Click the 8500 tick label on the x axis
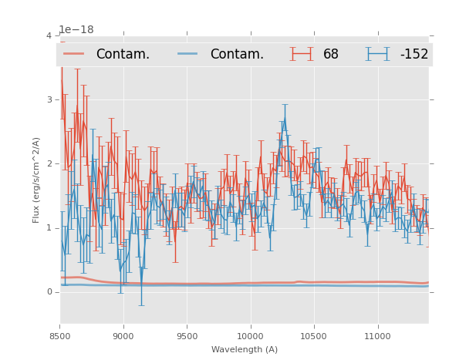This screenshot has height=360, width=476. [x=60, y=336]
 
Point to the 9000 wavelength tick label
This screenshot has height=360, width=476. [x=123, y=336]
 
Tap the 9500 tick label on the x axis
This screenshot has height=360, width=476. [x=187, y=336]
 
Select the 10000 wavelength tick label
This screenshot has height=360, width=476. [x=250, y=336]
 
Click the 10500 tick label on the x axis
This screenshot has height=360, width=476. [x=314, y=336]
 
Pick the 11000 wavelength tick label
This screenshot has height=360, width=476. [x=377, y=336]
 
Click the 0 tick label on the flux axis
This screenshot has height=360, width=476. [x=49, y=292]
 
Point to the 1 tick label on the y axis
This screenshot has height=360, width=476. [x=49, y=228]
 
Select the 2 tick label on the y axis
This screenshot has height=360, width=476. [x=49, y=164]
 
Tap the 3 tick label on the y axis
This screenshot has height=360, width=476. [x=49, y=100]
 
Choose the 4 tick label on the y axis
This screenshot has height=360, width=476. [x=49, y=36]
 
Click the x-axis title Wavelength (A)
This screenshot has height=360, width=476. [x=244, y=350]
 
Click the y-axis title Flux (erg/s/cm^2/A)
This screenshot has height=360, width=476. [x=36, y=180]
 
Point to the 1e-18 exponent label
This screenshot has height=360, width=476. [x=76, y=29]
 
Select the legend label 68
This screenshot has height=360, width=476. [x=331, y=55]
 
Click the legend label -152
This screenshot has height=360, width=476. [x=414, y=55]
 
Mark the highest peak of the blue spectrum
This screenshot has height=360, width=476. [x=284, y=118]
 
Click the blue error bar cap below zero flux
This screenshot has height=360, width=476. [x=141, y=305]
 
